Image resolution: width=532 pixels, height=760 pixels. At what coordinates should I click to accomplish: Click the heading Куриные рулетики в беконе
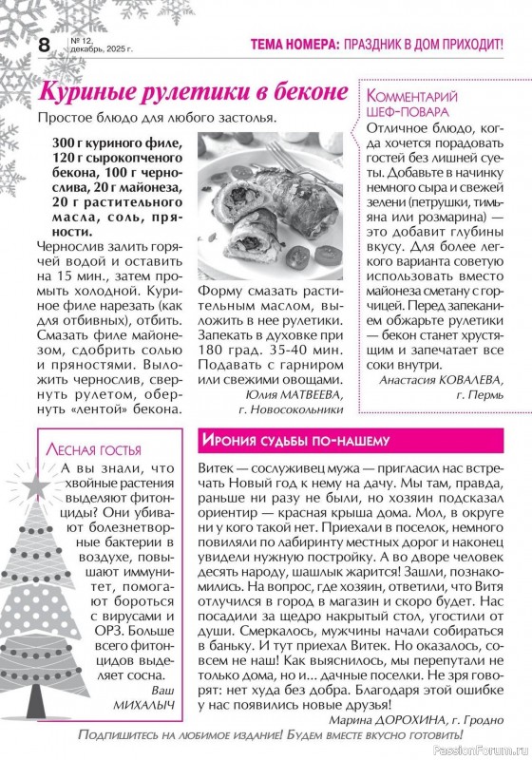pos(186,94)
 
